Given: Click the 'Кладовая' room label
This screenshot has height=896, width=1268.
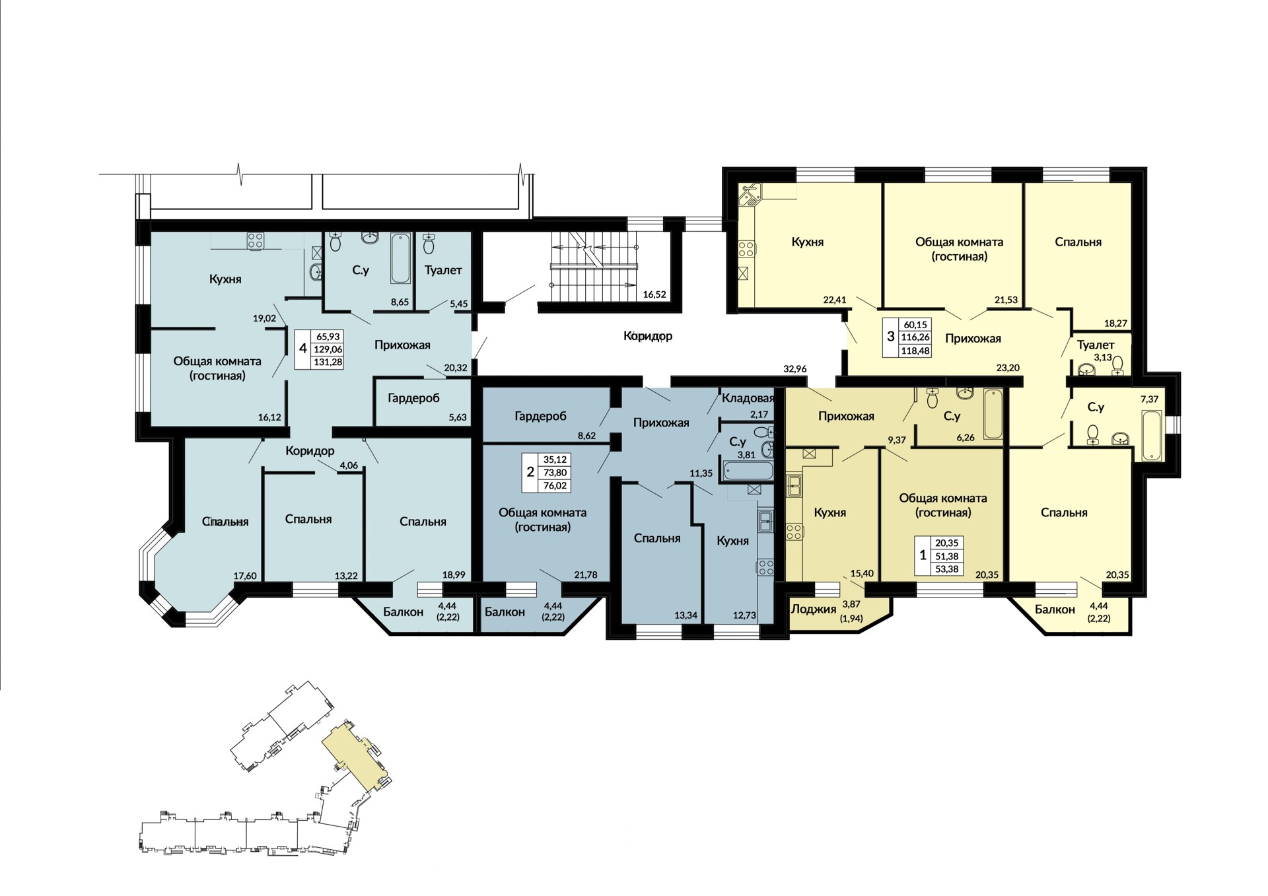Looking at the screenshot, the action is click(748, 398).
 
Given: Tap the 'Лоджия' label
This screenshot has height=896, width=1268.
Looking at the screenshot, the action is click(814, 609).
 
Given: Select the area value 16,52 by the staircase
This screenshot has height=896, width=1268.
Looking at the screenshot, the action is click(654, 294).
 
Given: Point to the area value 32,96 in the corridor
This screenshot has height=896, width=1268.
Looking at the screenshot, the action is click(794, 368).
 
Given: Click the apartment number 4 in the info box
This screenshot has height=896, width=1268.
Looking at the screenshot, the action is click(303, 348).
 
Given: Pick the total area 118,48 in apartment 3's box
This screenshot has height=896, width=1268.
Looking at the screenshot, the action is click(915, 351).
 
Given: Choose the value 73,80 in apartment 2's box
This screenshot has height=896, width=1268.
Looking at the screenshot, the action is click(555, 473).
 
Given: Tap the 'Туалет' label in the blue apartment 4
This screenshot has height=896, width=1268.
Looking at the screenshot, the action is click(443, 270).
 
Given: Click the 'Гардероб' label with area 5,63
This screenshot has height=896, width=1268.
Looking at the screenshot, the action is click(413, 398).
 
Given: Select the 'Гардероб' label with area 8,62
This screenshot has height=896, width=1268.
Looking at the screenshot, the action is click(540, 416).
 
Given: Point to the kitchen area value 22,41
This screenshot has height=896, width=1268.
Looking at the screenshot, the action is click(835, 300).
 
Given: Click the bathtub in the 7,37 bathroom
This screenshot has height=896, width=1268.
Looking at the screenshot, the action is click(1150, 435).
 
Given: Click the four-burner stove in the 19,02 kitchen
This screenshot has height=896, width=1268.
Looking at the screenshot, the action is click(256, 241).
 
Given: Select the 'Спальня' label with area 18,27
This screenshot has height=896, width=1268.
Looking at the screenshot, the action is click(1078, 242).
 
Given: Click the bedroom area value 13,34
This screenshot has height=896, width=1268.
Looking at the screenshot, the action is click(686, 615).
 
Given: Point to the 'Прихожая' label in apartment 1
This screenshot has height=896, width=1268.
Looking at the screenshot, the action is click(846, 416).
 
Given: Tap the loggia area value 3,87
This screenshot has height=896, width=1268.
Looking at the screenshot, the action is click(851, 603).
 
